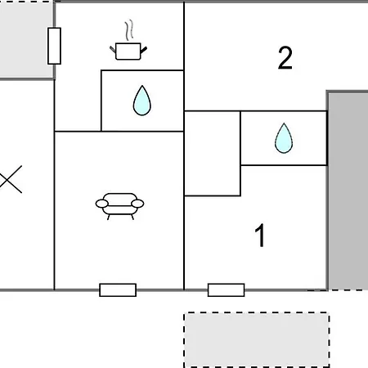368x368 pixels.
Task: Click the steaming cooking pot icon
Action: pos(128,51)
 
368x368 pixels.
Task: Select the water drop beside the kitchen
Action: pos(142,101)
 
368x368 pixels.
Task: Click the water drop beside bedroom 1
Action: pos(284,138)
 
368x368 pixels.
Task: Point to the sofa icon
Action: pos(119,206)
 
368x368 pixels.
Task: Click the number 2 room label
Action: pos(285,58)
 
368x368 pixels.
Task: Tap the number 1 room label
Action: pos(260,236)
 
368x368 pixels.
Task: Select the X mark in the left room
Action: pos(11,179)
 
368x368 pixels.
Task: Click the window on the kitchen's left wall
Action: pos(54,46)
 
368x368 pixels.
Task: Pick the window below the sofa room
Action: pos(118,290)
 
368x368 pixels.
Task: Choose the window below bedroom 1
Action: pos(227,290)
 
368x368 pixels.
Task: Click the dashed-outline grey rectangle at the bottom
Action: pos(257,340)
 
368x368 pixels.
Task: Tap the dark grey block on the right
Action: pos(348,191)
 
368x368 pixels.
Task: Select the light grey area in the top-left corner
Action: pos(27,39)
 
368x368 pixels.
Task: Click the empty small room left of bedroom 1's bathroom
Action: pos(213,154)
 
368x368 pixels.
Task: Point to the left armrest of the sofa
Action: pos(102,204)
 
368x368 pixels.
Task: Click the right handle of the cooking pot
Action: pos(144,50)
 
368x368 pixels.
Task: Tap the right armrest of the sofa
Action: pos(137,204)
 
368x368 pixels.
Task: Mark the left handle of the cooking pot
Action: pos(113,50)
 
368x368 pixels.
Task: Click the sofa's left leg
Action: pos(109,217)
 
